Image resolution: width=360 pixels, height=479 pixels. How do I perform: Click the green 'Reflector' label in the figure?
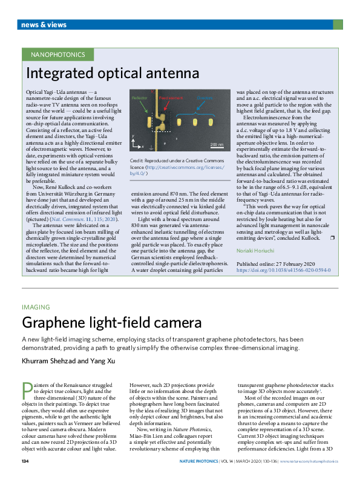[x=140, y=97]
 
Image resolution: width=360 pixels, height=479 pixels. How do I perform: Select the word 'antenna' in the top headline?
[x=172, y=74]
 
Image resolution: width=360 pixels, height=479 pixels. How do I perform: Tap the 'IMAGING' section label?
[x=36, y=307]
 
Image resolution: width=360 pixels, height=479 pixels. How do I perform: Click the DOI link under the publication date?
[x=283, y=270]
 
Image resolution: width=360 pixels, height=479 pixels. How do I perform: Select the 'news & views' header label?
[x=44, y=24]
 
